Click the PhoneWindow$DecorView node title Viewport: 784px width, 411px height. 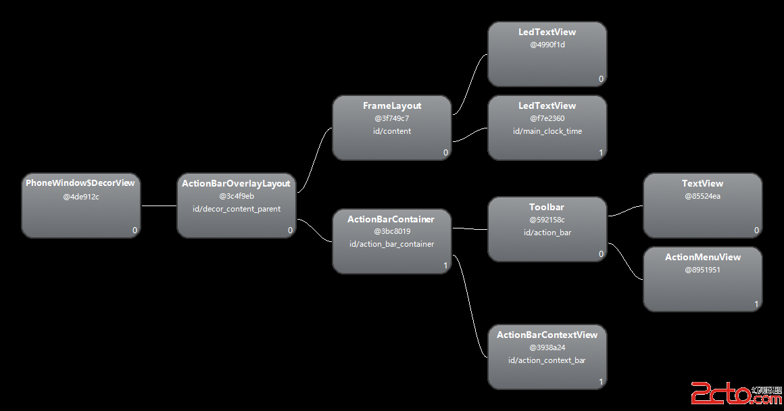tap(80, 183)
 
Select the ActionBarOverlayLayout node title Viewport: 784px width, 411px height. tap(236, 183)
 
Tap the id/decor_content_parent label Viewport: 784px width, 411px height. tap(236, 209)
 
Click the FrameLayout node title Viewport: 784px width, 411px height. tap(392, 105)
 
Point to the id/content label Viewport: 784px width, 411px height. tap(392, 131)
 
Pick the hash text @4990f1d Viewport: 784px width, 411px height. tap(547, 45)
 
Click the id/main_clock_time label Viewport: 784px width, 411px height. tap(547, 131)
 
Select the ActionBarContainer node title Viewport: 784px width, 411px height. tap(391, 219)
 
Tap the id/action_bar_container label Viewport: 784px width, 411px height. tap(391, 244)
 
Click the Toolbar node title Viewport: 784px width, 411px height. tap(547, 207)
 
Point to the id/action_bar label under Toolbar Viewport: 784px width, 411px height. tap(547, 233)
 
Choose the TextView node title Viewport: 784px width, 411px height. tap(702, 183)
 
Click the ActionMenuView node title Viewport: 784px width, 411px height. tap(703, 257)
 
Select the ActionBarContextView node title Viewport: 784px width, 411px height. tap(547, 335)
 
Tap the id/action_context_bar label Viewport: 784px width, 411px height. tap(547, 360)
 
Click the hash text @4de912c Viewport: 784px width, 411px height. tap(80, 197)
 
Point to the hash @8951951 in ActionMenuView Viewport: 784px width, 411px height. tap(703, 270)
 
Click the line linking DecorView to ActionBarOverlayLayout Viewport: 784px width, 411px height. tap(159, 205)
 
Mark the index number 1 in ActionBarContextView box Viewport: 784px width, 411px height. tap(601, 382)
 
